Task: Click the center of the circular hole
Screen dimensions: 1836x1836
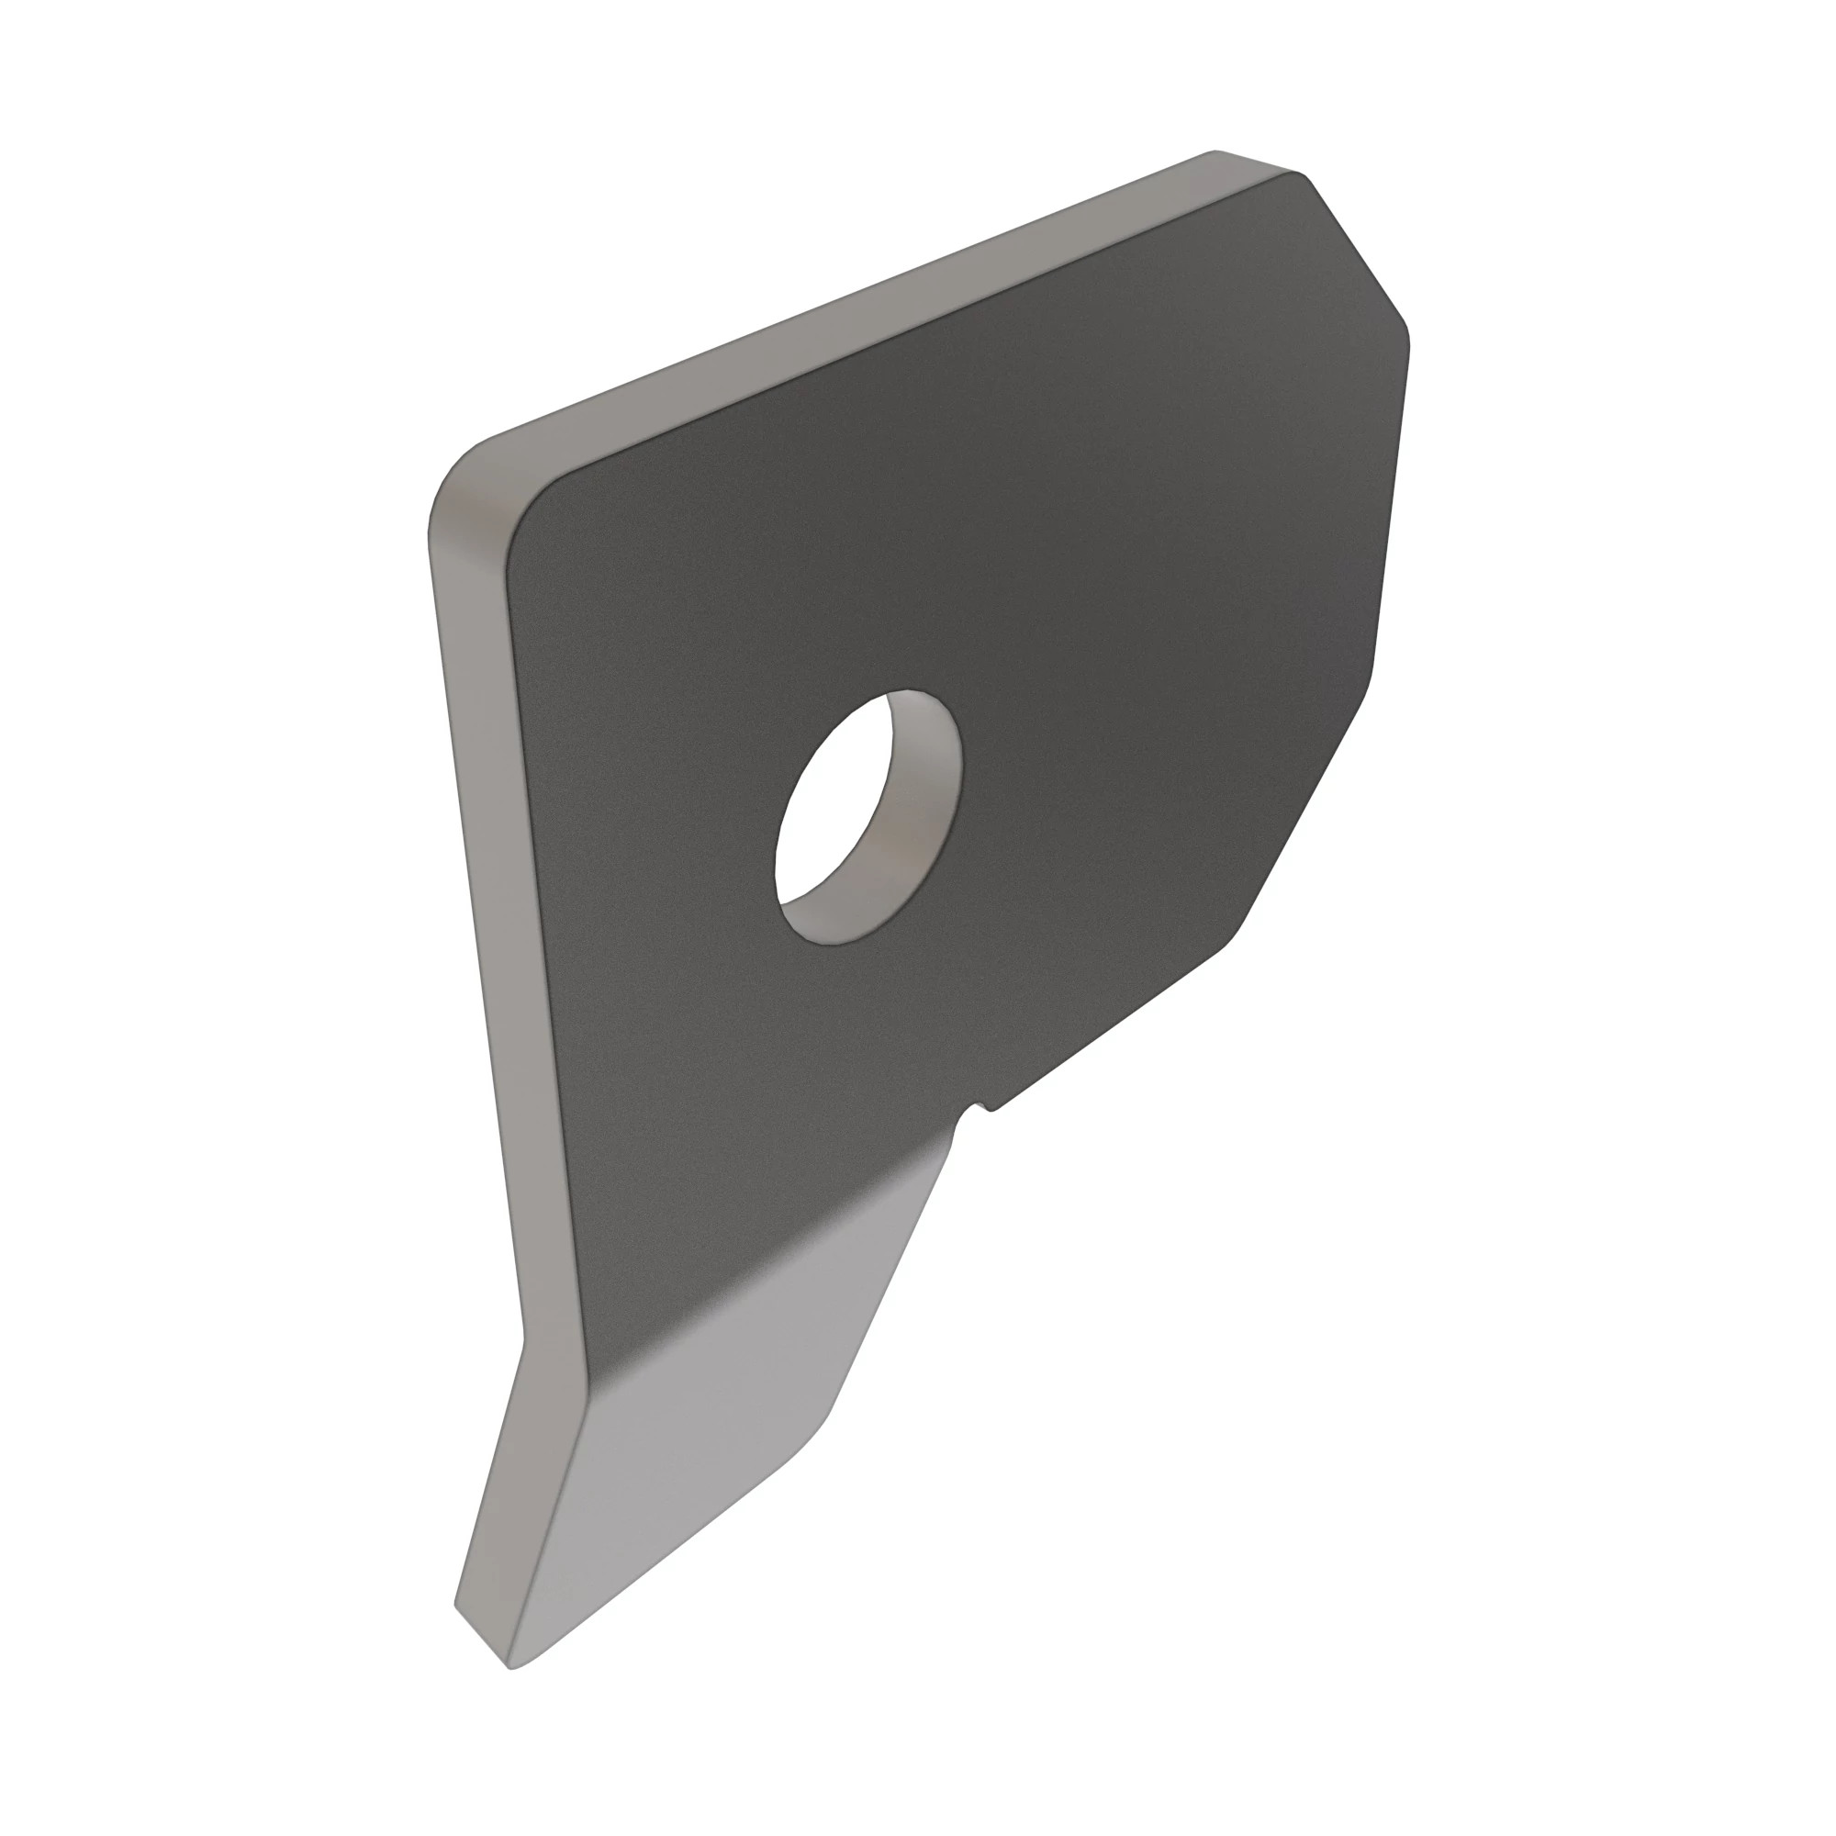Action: (x=867, y=817)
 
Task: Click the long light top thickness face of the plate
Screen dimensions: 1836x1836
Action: (x=856, y=304)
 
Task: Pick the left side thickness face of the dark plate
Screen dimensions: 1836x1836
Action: (x=476, y=856)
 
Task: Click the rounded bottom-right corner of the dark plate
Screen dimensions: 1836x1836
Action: (x=1236, y=941)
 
